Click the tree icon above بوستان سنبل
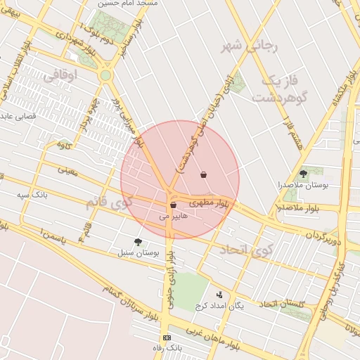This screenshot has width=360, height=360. pyautogui.click(x=138, y=241)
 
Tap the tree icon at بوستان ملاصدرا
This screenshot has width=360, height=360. pyautogui.click(x=303, y=173)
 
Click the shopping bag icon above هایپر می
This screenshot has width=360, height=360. pyautogui.click(x=173, y=205)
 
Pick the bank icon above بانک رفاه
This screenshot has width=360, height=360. pyautogui.click(x=167, y=337)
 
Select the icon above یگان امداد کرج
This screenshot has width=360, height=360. pyautogui.click(x=219, y=295)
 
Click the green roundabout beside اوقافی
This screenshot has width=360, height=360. pyautogui.click(x=105, y=75)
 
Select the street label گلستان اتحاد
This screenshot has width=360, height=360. pyautogui.click(x=281, y=304)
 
